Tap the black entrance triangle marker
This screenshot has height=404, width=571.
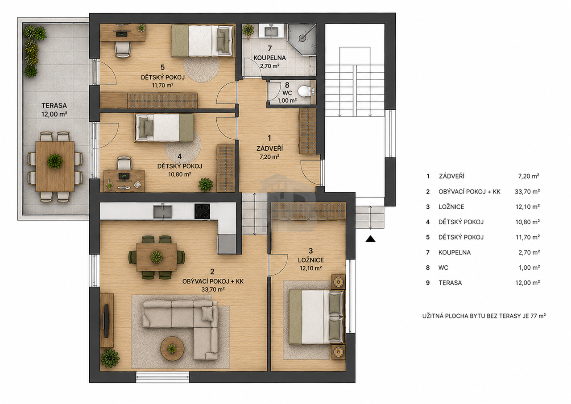[370, 239]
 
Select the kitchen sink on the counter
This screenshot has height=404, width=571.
[163, 211]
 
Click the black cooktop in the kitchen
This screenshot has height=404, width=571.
[202, 211]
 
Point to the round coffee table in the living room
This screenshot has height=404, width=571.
[172, 348]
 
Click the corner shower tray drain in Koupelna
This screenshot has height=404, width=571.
[302, 38]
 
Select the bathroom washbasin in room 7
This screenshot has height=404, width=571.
[271, 31]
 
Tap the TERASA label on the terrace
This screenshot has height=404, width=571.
[54, 105]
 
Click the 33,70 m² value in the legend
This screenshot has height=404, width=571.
[527, 192]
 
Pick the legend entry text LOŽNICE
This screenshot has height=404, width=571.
[451, 206]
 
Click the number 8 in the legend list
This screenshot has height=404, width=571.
[428, 268]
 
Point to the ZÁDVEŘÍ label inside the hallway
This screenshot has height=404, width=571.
[270, 148]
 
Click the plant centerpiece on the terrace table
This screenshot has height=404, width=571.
[55, 161]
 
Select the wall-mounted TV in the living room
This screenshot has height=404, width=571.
[106, 321]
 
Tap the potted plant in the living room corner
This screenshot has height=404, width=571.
[110, 358]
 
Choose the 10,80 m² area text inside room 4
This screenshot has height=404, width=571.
[180, 174]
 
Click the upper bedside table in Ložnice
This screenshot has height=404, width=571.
[338, 282]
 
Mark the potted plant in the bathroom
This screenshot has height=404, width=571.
[248, 31]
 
